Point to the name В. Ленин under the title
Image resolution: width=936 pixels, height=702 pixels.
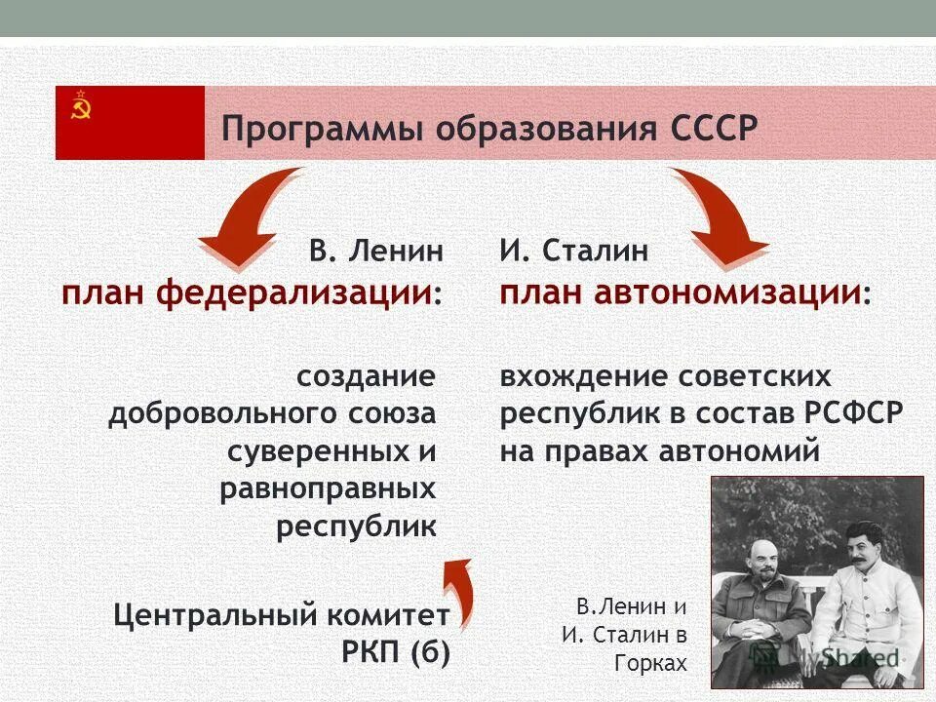coord(376,251)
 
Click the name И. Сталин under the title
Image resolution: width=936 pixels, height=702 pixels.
coord(573,251)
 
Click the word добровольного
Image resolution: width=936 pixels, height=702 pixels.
coord(222,414)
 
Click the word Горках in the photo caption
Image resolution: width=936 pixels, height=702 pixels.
coord(650,663)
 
